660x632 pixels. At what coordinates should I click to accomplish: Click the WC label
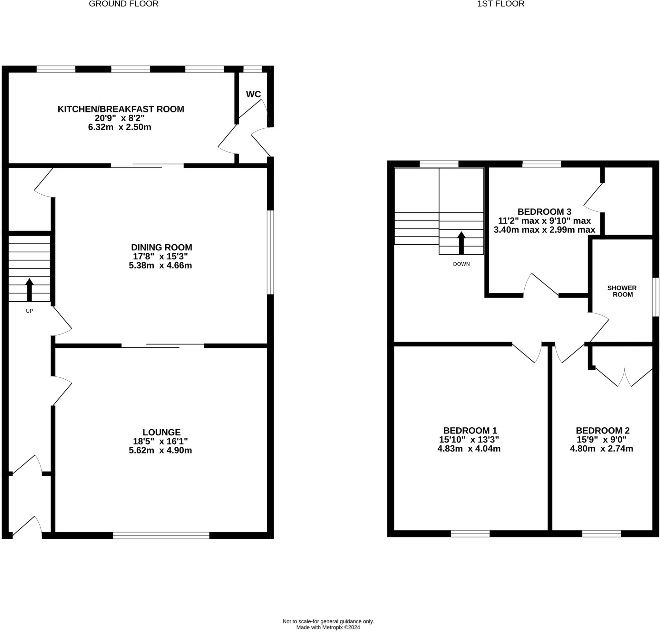click(x=253, y=94)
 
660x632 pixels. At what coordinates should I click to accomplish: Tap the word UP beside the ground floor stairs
click(x=29, y=311)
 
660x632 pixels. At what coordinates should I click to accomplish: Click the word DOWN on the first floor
click(x=461, y=264)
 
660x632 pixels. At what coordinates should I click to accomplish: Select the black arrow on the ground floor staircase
click(x=29, y=289)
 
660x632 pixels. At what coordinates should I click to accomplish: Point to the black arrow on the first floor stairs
click(x=461, y=243)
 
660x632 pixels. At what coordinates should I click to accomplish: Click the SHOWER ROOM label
click(x=622, y=291)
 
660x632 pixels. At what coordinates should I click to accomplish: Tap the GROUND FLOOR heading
click(x=123, y=4)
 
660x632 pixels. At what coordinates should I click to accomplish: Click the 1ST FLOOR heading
click(x=500, y=4)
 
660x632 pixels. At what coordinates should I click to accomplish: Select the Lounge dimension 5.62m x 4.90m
click(x=160, y=450)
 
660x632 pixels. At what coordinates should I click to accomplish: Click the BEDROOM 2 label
click(x=602, y=430)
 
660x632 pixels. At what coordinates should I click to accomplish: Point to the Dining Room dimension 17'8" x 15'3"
click(x=160, y=256)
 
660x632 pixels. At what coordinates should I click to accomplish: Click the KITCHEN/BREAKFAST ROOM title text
click(x=121, y=109)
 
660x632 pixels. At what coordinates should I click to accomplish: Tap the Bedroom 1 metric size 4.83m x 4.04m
click(x=469, y=449)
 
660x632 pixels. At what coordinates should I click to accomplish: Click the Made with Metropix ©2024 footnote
click(x=328, y=627)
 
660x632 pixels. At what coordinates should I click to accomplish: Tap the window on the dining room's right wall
click(x=270, y=253)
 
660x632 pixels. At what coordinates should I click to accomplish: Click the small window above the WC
click(x=253, y=69)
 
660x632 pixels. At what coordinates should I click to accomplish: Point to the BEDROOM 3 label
click(x=544, y=212)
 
